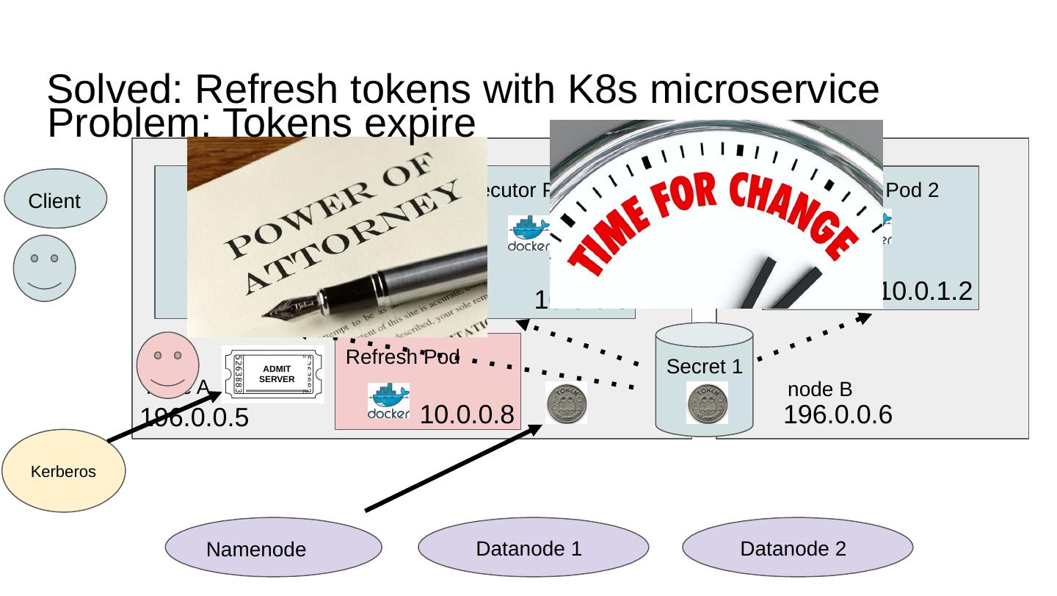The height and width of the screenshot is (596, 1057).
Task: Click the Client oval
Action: click(x=55, y=199)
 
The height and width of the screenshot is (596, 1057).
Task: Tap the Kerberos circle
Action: click(x=64, y=471)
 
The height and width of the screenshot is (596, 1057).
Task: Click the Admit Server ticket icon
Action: click(x=273, y=374)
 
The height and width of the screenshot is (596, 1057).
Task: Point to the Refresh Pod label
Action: click(x=402, y=358)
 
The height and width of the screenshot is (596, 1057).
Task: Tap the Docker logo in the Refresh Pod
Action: click(x=388, y=401)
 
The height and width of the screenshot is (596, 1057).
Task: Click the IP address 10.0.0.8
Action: click(x=466, y=415)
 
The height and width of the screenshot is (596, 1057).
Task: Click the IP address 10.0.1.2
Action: click(x=926, y=292)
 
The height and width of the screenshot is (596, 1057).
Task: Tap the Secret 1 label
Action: click(x=704, y=366)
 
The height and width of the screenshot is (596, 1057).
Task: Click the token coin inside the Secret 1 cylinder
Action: click(x=707, y=403)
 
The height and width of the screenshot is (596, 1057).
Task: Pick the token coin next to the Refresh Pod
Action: click(x=566, y=403)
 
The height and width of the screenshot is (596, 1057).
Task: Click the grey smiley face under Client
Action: click(x=45, y=268)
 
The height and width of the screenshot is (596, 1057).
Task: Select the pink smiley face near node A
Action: click(x=168, y=365)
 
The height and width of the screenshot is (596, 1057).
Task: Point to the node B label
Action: click(x=819, y=389)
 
